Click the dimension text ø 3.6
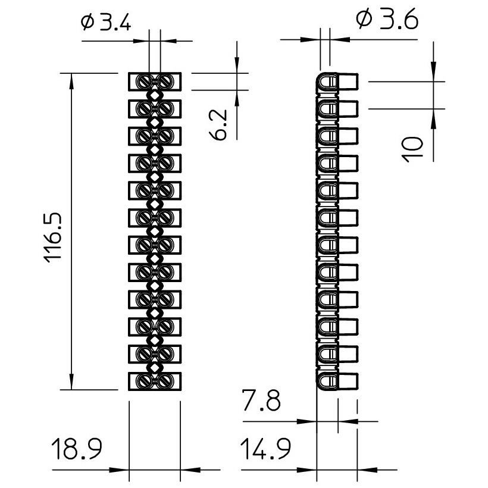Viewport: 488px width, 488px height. (387, 19)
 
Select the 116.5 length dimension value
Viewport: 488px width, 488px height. (54, 237)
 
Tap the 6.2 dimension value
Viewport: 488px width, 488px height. (218, 124)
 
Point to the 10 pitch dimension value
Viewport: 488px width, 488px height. (413, 149)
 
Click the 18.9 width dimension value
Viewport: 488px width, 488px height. (77, 449)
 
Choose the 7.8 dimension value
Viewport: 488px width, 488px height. (261, 401)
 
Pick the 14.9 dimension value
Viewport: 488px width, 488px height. (265, 449)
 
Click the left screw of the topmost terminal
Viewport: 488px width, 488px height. (144, 82)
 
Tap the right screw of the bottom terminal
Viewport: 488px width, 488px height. (165, 381)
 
